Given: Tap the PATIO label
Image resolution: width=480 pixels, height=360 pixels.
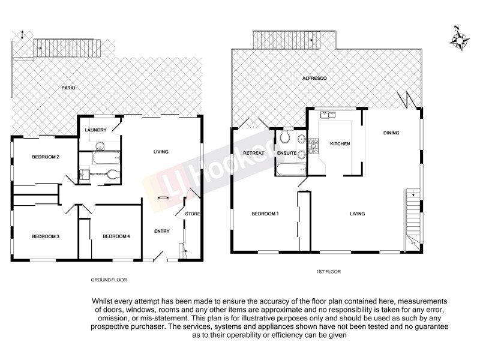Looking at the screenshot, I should [x=68, y=88].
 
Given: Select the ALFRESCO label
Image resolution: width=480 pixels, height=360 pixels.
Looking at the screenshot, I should [x=314, y=79].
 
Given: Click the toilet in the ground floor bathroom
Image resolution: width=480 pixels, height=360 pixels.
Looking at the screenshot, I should [x=113, y=174].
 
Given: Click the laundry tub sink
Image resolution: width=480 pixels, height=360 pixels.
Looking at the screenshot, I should [x=100, y=144].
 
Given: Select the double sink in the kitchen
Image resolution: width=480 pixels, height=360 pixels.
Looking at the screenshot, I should [x=329, y=113].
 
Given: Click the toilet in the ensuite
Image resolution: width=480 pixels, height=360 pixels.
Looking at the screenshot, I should [x=285, y=137].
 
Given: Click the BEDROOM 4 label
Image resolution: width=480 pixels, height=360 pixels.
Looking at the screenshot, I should [x=116, y=236].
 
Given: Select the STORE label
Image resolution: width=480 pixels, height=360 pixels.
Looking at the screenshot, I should [x=192, y=214].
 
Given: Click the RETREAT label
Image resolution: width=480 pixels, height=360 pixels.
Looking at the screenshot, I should [x=254, y=154].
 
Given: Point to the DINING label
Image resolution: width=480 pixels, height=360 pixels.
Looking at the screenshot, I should [x=391, y=133].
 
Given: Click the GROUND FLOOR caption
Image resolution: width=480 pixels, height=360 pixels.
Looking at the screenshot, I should [x=109, y=280].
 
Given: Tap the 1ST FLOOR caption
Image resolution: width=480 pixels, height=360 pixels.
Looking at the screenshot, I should [x=328, y=272].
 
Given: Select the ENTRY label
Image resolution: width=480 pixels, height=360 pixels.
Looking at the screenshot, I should [x=161, y=232].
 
